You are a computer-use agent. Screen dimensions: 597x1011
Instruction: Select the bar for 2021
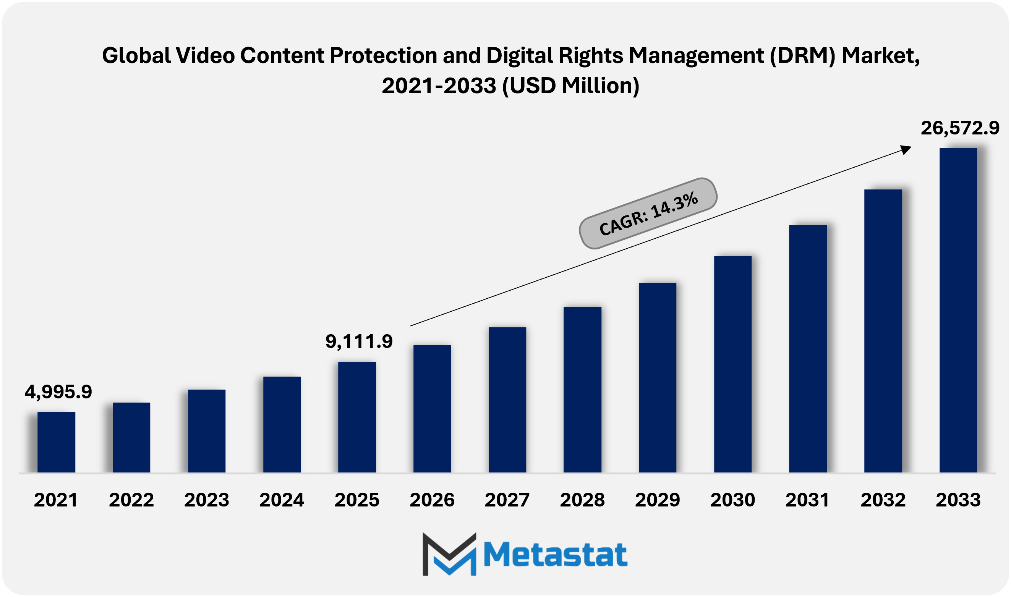tap(56, 442)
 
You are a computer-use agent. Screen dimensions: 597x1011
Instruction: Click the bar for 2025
tap(357, 417)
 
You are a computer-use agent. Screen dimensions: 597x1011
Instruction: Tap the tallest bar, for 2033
tap(958, 310)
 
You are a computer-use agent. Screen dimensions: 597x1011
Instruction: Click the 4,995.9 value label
tap(58, 392)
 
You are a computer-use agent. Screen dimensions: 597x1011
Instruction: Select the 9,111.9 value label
tap(359, 341)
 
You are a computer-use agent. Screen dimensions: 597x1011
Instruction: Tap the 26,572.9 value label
tap(960, 128)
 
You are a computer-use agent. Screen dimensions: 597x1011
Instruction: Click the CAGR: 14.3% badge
tap(648, 214)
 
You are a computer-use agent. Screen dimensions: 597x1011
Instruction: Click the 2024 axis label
tap(282, 500)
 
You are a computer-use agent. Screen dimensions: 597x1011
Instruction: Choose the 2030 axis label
tap(732, 500)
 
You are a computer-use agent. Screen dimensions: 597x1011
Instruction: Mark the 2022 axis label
tap(131, 500)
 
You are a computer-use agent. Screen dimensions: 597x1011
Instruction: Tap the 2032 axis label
tap(883, 500)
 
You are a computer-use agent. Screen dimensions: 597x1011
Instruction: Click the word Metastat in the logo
tap(555, 555)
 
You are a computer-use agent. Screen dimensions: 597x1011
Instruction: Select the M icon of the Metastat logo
tap(449, 554)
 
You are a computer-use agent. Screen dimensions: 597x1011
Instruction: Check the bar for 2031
tap(808, 348)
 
